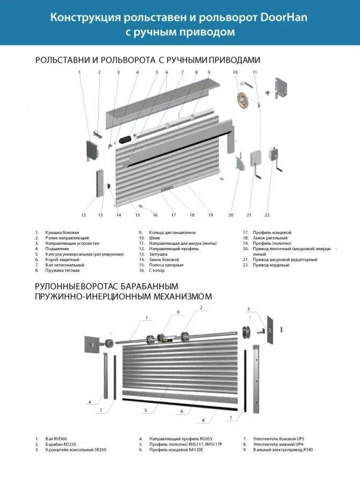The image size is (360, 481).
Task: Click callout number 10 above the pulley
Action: coord(235,72)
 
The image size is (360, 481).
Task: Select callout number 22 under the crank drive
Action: coord(267,215)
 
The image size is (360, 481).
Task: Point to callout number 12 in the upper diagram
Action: coord(84,215)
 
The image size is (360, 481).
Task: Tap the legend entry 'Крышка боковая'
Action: coord(59,232)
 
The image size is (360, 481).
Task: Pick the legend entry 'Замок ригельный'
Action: coord(271,237)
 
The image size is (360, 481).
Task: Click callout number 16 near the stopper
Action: coord(155,215)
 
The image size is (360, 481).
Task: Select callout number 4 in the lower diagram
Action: coord(90,402)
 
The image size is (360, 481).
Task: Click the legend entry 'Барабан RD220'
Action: coord(61,444)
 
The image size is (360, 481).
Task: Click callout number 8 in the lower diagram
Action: coord(203,420)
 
